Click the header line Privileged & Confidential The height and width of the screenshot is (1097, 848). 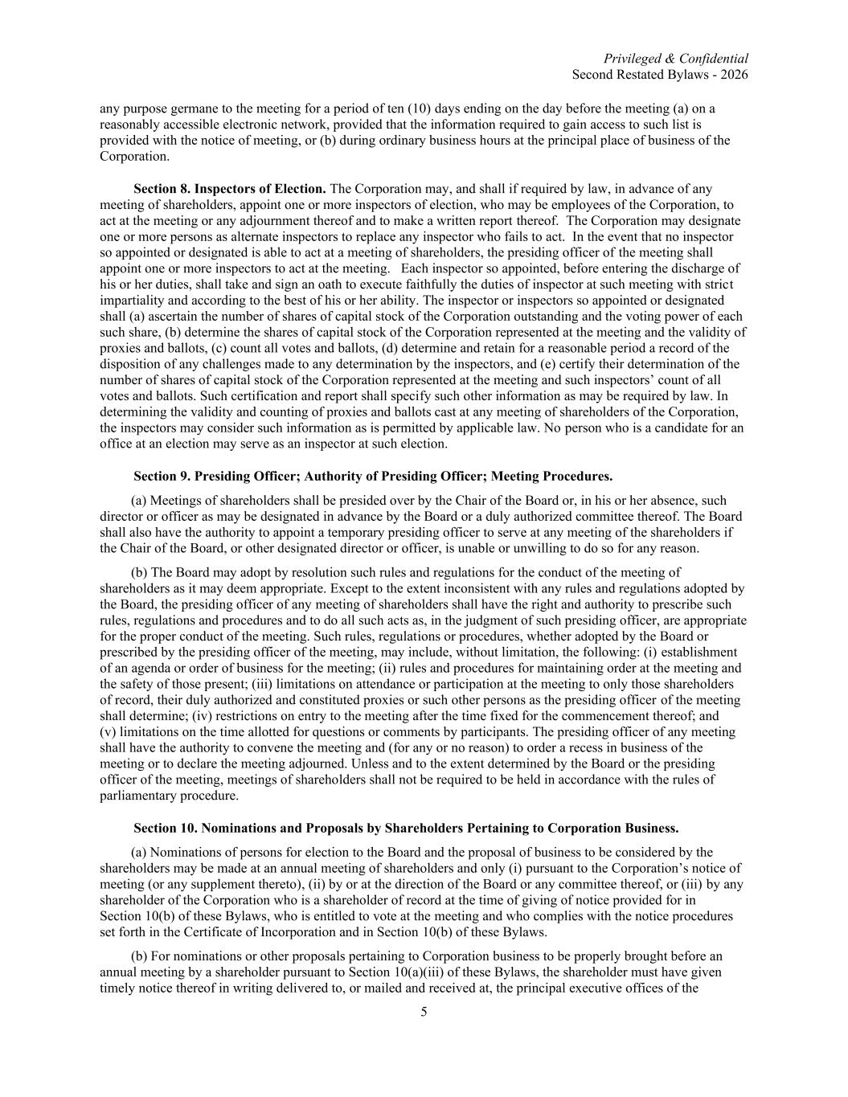click(x=675, y=59)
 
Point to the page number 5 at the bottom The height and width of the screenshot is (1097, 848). click(x=424, y=1012)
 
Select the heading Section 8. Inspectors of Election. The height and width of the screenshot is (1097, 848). click(x=229, y=189)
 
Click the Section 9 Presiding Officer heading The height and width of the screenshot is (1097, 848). click(x=373, y=476)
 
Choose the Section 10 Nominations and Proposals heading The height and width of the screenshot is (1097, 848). click(x=406, y=828)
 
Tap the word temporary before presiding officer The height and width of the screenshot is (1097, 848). click(x=356, y=532)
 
